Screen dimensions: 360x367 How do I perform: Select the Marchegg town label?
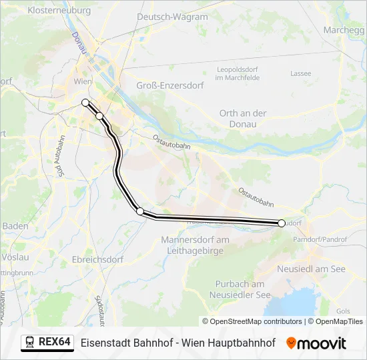pyautogui.click(x=344, y=30)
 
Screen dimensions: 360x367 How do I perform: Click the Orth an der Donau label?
pyautogui.click(x=243, y=119)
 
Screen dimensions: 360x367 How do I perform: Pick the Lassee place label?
pyautogui.click(x=301, y=73)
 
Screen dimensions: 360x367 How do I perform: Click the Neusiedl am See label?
pyautogui.click(x=311, y=269)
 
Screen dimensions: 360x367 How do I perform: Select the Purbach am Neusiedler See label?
pyautogui.click(x=240, y=289)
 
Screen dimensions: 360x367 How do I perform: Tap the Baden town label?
pyautogui.click(x=15, y=226)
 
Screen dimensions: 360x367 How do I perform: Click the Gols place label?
pyautogui.click(x=344, y=311)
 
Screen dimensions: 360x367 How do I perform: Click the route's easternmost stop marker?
pyautogui.click(x=282, y=223)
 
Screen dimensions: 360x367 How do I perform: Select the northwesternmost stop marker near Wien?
pyautogui.click(x=85, y=102)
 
